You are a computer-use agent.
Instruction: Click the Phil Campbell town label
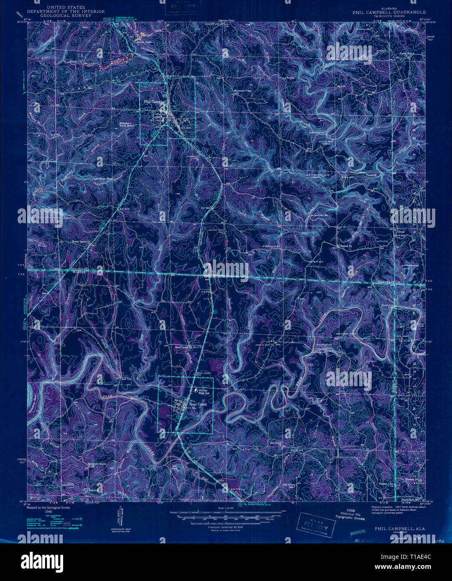155,102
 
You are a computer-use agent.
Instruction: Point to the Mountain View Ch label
243,92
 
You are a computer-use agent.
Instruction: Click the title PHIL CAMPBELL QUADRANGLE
389,13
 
